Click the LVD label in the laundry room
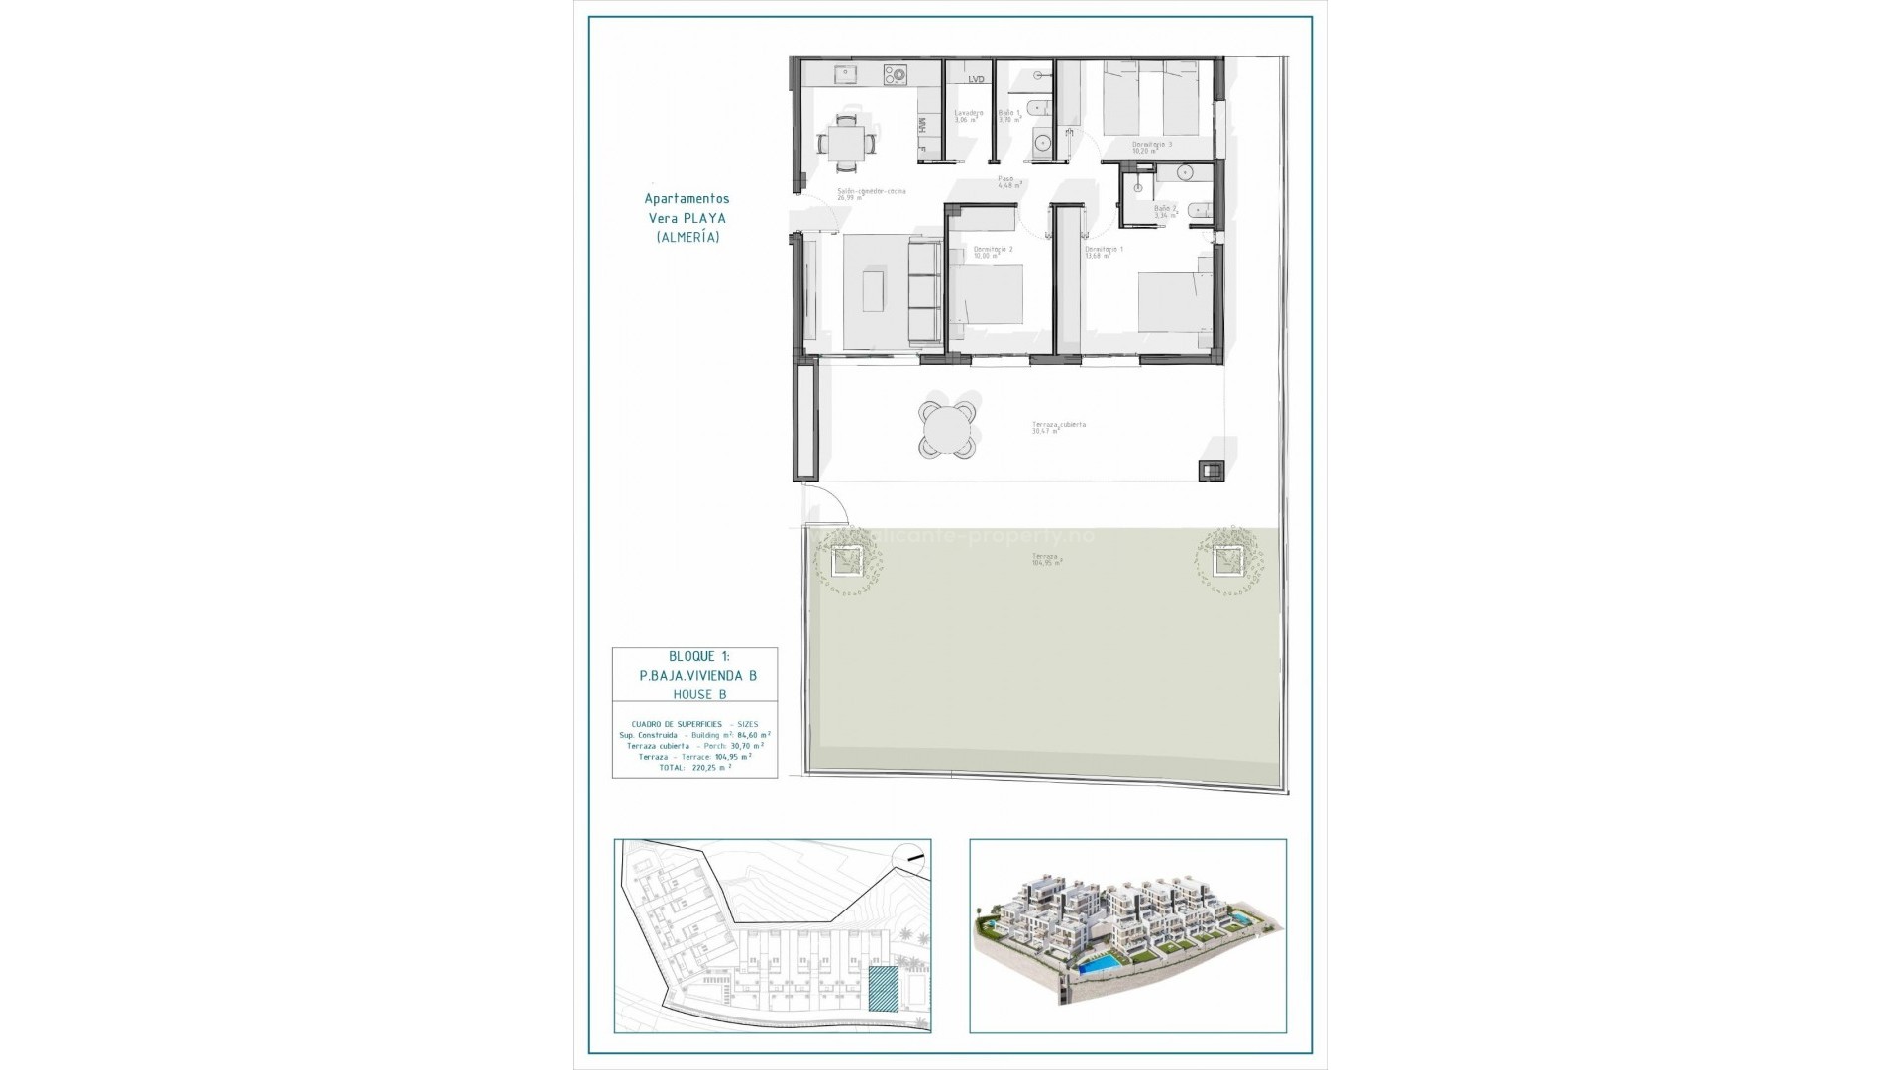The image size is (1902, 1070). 976,79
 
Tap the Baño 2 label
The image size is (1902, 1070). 1166,210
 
